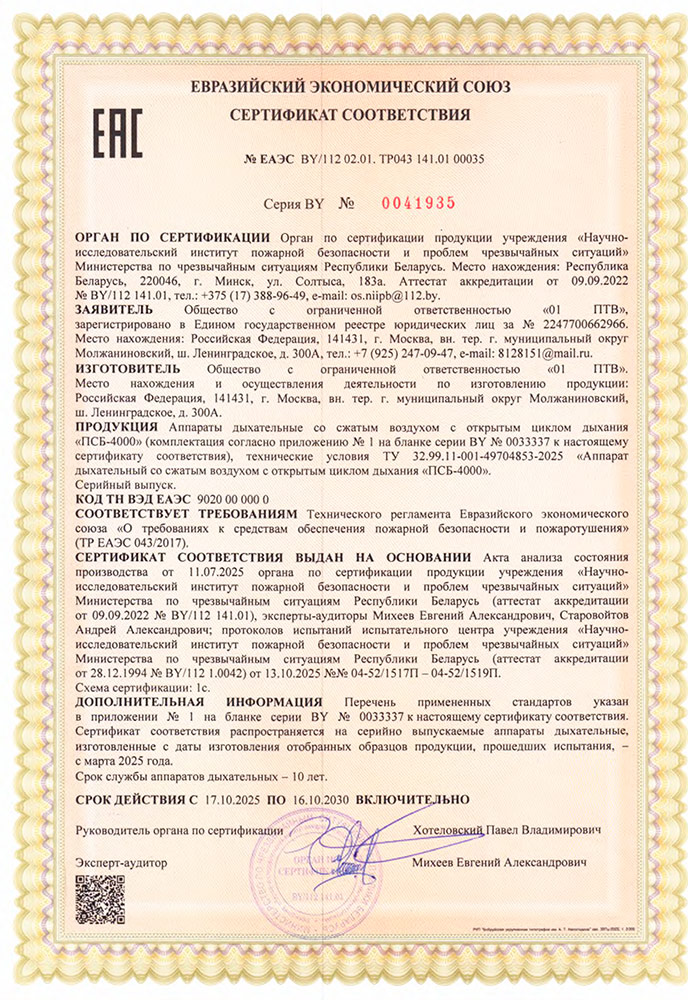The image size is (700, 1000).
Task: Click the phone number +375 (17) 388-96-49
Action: click(247, 296)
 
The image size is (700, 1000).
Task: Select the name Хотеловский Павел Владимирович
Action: click(510, 830)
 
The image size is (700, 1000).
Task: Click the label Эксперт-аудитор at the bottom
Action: click(121, 861)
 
